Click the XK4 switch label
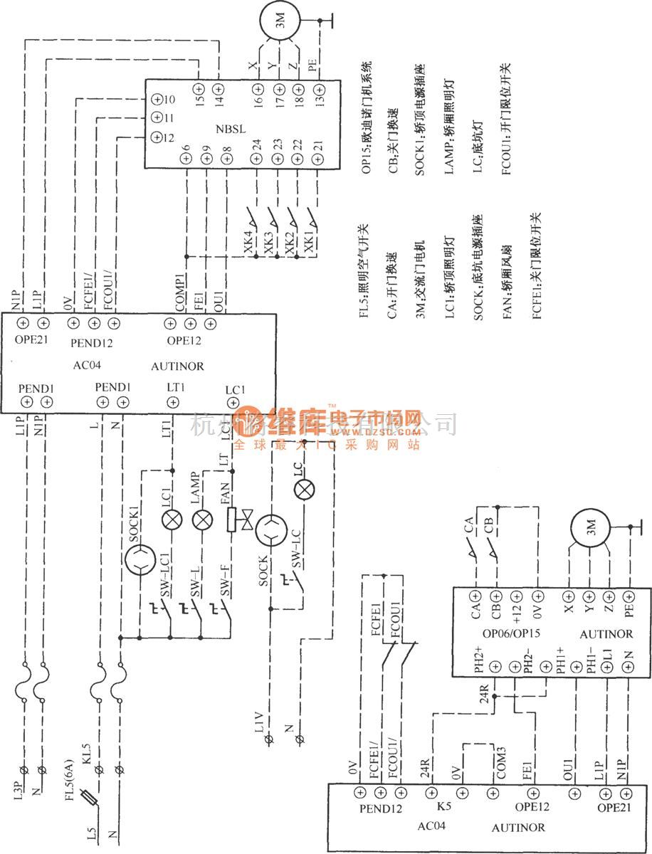coord(248,243)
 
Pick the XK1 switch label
coord(309,242)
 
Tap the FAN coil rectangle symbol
coord(231,520)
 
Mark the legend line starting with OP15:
coord(366,117)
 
